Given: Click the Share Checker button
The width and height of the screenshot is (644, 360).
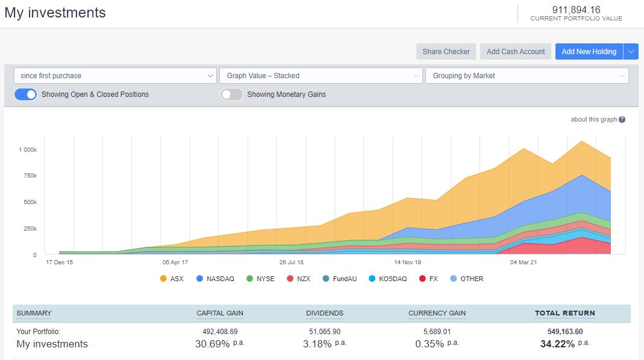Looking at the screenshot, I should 446,52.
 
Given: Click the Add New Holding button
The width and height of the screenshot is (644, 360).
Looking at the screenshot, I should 589,52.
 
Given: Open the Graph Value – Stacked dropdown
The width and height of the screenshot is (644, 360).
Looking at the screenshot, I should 320,76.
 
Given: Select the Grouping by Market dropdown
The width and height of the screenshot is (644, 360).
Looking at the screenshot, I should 527,76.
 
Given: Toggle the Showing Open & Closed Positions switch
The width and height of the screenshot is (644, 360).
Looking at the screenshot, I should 26,95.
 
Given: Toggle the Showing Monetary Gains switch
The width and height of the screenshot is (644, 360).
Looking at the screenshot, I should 231,95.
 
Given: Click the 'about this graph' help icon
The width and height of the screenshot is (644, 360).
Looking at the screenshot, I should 622,120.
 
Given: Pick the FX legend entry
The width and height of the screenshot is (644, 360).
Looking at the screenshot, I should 429,279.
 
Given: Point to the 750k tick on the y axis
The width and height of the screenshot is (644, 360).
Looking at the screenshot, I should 30,175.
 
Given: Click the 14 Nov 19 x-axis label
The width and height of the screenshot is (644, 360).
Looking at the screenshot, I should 408,262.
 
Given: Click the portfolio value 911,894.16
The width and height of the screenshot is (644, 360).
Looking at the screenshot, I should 576,10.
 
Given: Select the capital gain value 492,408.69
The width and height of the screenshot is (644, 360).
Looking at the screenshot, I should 220,332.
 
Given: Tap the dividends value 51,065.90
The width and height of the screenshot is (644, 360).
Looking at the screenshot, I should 324,332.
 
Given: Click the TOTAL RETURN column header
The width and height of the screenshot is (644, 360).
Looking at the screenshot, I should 564,313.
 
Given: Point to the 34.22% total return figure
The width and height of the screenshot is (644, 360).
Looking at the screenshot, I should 557,344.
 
